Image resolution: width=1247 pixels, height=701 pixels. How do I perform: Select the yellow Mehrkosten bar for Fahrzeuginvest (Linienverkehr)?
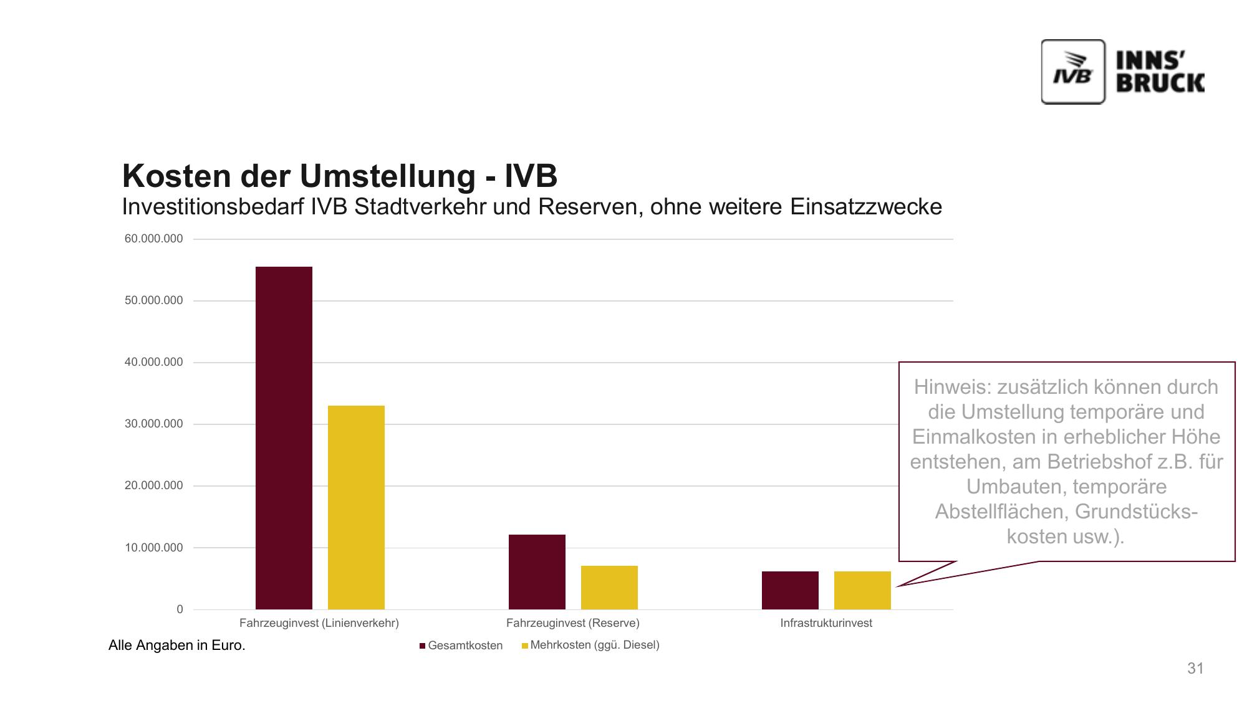point(356,507)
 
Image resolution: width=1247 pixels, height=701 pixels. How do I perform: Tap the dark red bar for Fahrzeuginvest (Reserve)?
point(537,571)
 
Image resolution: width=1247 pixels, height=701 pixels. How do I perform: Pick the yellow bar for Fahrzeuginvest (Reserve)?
point(609,587)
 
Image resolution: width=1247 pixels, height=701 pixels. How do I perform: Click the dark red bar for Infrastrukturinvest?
point(790,590)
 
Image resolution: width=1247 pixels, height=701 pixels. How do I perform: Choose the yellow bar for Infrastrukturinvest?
point(862,590)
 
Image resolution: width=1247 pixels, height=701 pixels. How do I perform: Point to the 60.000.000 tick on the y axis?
point(154,239)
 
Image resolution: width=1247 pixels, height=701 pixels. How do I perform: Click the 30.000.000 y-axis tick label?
point(154,424)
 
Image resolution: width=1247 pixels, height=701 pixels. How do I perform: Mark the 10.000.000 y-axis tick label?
point(154,548)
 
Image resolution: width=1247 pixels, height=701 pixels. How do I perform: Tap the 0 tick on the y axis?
point(180,609)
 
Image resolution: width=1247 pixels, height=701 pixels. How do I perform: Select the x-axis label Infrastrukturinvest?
point(826,623)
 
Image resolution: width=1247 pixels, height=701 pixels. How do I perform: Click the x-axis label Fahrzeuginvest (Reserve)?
point(572,623)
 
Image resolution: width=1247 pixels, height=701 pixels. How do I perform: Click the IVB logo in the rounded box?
point(1073,72)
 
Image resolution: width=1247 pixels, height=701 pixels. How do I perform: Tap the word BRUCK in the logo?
point(1160,83)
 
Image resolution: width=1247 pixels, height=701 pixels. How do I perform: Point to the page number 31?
point(1195,669)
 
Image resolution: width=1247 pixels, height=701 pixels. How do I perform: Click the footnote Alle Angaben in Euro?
point(177,646)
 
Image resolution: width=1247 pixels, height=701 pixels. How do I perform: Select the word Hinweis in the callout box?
point(951,387)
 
